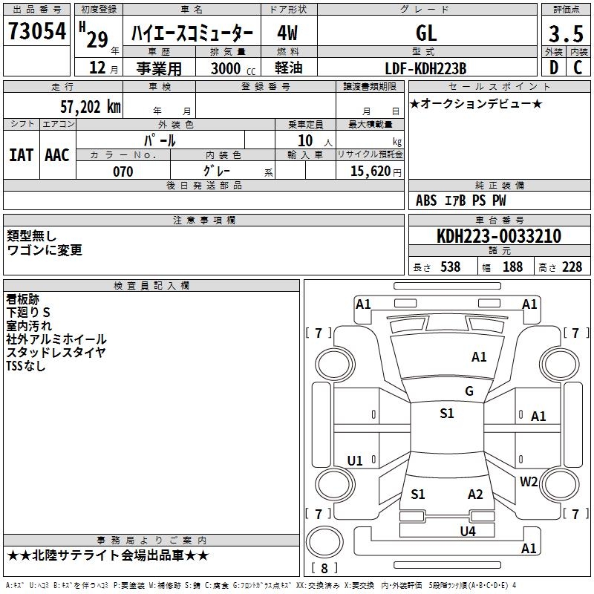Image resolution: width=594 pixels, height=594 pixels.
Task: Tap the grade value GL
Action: coord(426,33)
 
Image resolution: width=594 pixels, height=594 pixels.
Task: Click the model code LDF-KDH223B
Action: coord(425,68)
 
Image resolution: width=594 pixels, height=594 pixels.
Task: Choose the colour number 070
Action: coord(123,172)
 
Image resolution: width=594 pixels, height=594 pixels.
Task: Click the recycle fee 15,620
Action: coord(369,172)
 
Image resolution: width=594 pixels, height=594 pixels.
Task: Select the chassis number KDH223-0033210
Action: coord(498,236)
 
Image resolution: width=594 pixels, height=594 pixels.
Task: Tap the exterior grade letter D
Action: coord(553,68)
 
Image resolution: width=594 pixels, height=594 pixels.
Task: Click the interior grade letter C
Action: coord(578,68)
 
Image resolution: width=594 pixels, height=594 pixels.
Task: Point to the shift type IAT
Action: coord(21,154)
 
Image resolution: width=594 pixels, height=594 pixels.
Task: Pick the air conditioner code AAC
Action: coord(57,154)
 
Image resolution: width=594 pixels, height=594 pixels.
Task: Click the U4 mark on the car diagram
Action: coord(467,531)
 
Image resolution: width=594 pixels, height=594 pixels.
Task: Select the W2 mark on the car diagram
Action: coord(529,481)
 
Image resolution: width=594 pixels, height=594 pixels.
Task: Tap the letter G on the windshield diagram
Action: coord(469,391)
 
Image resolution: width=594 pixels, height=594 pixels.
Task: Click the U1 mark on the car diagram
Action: coord(355,461)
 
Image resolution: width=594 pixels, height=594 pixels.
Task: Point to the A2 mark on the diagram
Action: coord(475,495)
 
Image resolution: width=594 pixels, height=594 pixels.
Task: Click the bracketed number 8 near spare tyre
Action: coord(324,569)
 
